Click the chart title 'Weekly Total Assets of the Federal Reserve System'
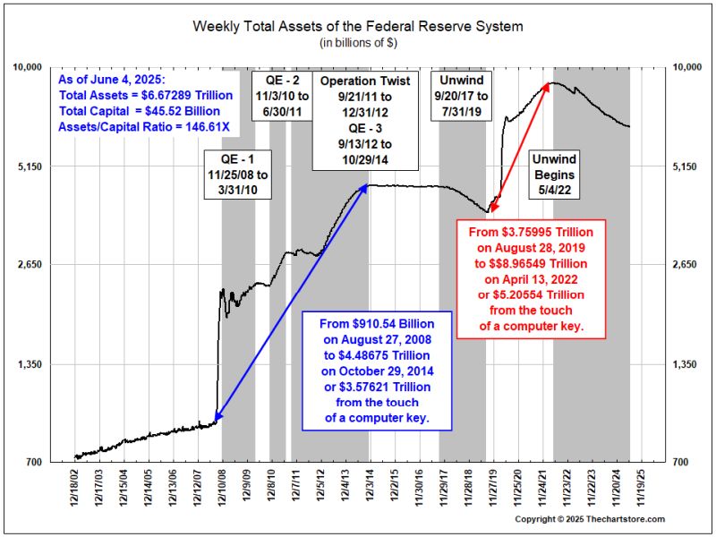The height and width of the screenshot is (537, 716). (358, 26)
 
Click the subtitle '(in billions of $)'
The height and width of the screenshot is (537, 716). (358, 42)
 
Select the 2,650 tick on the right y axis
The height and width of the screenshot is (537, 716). (687, 265)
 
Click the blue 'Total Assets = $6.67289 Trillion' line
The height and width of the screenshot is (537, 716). (144, 95)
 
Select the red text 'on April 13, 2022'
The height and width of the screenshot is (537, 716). (521, 279)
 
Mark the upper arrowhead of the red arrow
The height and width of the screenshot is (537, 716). (548, 86)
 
